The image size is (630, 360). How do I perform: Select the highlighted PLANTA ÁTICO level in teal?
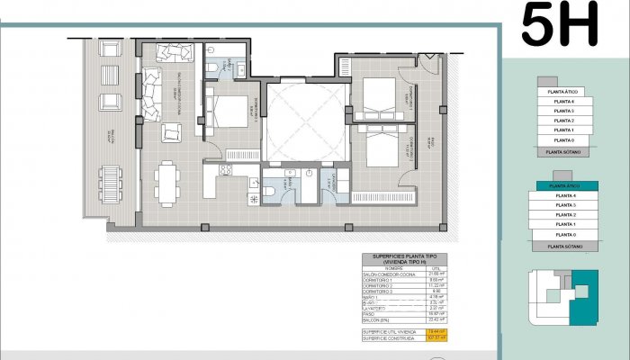pyautogui.click(x=566, y=184)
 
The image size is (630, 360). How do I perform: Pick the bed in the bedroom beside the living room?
pyautogui.click(x=229, y=111)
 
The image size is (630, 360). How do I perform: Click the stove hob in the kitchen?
pyautogui.click(x=226, y=168)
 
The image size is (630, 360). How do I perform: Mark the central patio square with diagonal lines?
pyautogui.click(x=303, y=117)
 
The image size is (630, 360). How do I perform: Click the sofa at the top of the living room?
pyautogui.click(x=169, y=52)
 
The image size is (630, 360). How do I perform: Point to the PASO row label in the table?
pyautogui.click(x=371, y=312)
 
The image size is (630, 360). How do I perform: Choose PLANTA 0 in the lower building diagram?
pyautogui.click(x=566, y=234)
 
